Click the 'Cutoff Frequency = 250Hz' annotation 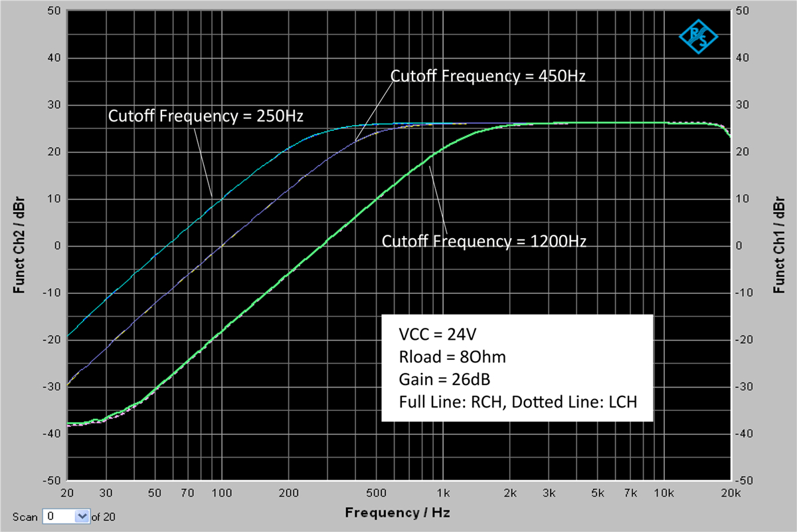pos(205,116)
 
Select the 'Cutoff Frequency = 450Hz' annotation pos(487,76)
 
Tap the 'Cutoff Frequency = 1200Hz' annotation pos(484,241)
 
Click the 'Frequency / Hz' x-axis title pos(397,513)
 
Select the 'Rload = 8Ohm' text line pos(452,357)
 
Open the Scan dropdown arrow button pos(82,516)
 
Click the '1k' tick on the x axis pos(444,493)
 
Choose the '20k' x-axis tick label pos(731,493)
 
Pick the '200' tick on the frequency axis pos(288,493)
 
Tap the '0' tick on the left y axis pos(58,245)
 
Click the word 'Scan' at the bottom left pos(25,517)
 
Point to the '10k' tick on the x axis pos(664,493)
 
